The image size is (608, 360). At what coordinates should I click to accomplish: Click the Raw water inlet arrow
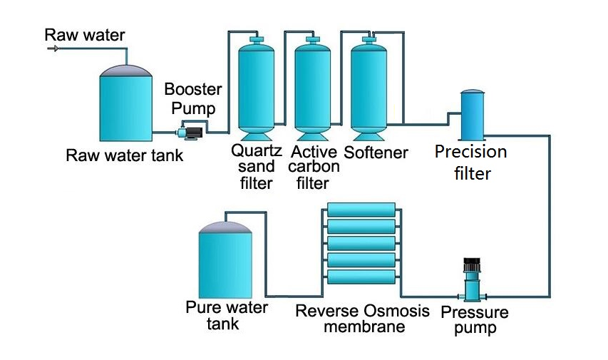tap(53, 48)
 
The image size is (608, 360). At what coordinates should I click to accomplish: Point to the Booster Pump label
tap(193, 100)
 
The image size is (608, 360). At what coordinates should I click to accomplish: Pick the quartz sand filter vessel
tap(255, 89)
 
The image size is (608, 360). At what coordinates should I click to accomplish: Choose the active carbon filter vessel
tap(312, 89)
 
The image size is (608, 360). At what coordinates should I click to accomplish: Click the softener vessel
tap(369, 89)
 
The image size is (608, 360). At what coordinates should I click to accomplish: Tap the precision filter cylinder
tap(471, 115)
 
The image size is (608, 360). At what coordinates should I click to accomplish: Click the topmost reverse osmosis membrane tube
tap(361, 210)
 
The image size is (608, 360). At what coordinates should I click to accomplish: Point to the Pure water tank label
tap(226, 316)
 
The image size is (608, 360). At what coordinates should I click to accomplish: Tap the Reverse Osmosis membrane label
tap(363, 319)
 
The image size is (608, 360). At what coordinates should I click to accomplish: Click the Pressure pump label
tap(475, 320)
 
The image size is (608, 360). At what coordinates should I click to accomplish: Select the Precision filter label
tap(471, 162)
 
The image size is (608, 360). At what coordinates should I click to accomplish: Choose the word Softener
tap(376, 153)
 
